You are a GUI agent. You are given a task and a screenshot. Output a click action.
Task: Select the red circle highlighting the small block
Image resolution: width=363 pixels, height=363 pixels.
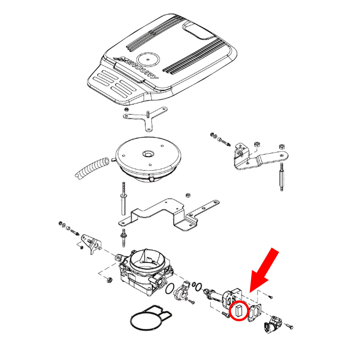point(239,311)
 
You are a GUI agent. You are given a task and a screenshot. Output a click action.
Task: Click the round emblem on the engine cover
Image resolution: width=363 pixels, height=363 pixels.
point(148,59)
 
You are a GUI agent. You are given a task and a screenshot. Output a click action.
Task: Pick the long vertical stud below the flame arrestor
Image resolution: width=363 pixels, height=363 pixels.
point(123,198)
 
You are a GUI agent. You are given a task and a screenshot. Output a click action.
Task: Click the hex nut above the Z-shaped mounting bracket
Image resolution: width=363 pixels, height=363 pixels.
point(188,195)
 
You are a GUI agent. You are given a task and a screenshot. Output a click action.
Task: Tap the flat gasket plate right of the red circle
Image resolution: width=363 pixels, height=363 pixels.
point(255,313)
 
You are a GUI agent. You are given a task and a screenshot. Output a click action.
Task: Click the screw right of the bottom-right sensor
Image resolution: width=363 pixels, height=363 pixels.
point(289,326)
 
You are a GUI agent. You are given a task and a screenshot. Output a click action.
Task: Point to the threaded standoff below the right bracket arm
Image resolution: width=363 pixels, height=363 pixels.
point(282,177)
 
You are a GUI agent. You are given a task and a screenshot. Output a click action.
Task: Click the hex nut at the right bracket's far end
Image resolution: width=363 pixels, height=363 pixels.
point(282,146)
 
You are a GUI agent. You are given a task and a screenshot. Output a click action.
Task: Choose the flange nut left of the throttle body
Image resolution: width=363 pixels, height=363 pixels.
point(110,280)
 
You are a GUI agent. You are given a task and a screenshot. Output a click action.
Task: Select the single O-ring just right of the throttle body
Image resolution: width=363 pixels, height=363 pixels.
point(170,289)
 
